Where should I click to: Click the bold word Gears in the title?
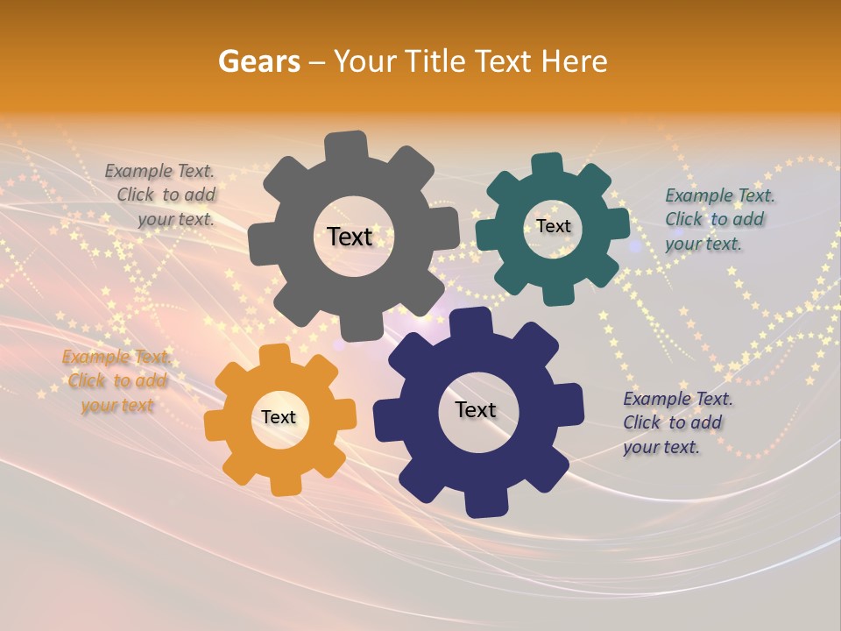click(258, 61)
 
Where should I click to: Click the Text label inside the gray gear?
click(350, 237)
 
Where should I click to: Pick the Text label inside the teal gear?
click(553, 226)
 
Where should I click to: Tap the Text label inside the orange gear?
click(279, 417)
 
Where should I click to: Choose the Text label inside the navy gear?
click(476, 409)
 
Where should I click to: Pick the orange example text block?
click(116, 381)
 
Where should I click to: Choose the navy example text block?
click(676, 422)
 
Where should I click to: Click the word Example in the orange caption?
click(95, 357)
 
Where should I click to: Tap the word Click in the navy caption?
click(641, 422)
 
